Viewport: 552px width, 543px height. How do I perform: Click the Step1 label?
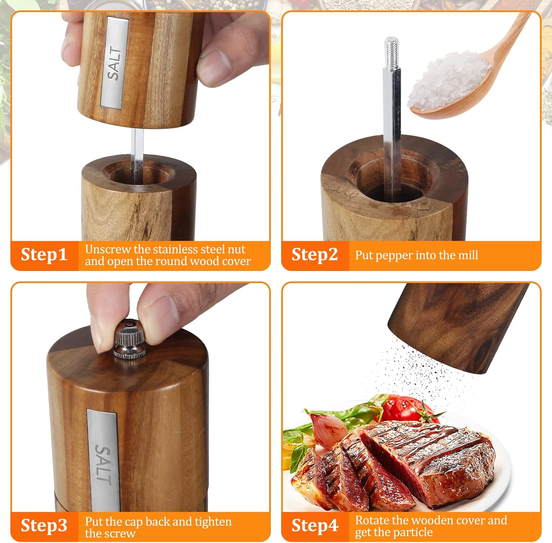point(44,255)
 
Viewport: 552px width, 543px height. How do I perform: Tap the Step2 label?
point(315,255)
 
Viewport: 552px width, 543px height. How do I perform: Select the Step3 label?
point(44,526)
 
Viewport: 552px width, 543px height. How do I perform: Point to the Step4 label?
point(315,526)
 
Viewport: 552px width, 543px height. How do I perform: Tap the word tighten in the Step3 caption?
point(213,522)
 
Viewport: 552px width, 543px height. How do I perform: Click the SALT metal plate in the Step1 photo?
point(115,63)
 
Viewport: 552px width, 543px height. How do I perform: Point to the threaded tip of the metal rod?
point(392,52)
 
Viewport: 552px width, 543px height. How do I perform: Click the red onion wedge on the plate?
point(328,431)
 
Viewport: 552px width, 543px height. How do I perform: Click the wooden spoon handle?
point(515,40)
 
